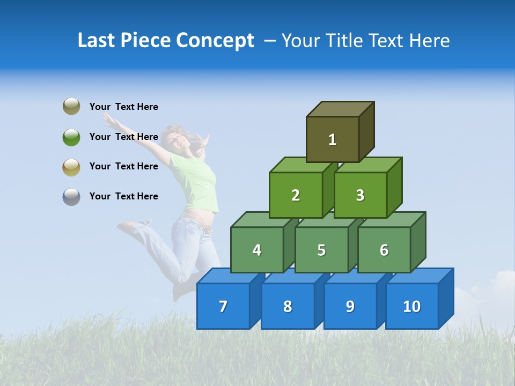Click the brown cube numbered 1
pyautogui.click(x=333, y=139)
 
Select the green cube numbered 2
pyautogui.click(x=296, y=195)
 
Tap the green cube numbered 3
pyautogui.click(x=360, y=195)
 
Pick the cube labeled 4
pyautogui.click(x=257, y=250)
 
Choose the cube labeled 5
pyautogui.click(x=321, y=250)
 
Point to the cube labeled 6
pyautogui.click(x=384, y=250)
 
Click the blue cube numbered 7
pyautogui.click(x=223, y=306)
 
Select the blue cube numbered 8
pyautogui.click(x=288, y=306)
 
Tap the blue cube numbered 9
pyautogui.click(x=350, y=306)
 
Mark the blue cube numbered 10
pyautogui.click(x=411, y=306)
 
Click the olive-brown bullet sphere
pyautogui.click(x=71, y=106)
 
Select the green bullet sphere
pyautogui.click(x=71, y=137)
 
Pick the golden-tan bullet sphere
pyautogui.click(x=71, y=167)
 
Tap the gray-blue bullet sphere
pyautogui.click(x=71, y=196)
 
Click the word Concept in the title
pyautogui.click(x=215, y=41)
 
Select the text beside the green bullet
pyautogui.click(x=124, y=137)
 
